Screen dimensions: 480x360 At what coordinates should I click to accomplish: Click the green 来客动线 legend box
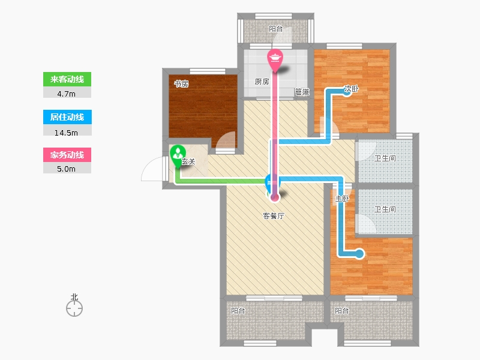(x=67, y=79)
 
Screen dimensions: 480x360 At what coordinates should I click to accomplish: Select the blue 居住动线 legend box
(x=67, y=117)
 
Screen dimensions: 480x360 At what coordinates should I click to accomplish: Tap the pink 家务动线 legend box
(x=67, y=155)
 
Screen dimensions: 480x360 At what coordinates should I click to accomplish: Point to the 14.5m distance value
(x=66, y=133)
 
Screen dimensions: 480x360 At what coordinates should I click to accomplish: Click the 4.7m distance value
(x=66, y=94)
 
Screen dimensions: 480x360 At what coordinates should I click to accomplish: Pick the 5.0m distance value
(x=66, y=169)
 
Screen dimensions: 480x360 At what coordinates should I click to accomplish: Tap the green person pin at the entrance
(x=178, y=155)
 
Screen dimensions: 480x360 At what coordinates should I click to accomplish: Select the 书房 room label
(x=181, y=83)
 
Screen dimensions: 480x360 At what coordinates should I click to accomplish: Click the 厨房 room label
(x=262, y=82)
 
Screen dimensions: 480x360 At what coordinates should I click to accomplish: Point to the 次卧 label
(x=351, y=89)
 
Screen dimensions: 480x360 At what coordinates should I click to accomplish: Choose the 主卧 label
(x=342, y=199)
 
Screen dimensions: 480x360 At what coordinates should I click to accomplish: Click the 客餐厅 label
(x=274, y=216)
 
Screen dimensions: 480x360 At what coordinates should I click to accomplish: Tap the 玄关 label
(x=188, y=161)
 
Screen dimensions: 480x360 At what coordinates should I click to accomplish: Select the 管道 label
(x=302, y=92)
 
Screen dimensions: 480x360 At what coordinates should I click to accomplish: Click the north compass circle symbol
(x=74, y=308)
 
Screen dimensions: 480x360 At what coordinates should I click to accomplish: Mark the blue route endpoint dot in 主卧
(x=359, y=254)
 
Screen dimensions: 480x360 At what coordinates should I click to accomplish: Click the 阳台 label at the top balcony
(x=276, y=29)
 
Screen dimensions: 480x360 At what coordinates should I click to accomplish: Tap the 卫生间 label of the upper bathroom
(x=385, y=158)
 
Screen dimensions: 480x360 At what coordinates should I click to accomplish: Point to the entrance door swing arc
(x=146, y=166)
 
